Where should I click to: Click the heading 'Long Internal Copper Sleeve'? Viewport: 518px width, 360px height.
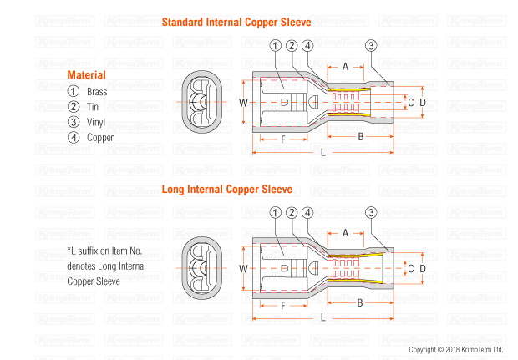click(226, 190)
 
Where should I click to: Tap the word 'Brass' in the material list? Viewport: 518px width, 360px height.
click(98, 91)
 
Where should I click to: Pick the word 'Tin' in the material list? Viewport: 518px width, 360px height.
click(93, 107)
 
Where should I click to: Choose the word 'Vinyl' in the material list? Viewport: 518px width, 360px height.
click(97, 122)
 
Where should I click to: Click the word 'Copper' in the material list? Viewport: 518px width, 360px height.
click(100, 138)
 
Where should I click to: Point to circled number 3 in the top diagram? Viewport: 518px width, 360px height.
click(371, 46)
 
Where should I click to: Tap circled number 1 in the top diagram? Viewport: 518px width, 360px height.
click(277, 46)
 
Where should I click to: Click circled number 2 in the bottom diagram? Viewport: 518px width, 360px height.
click(292, 214)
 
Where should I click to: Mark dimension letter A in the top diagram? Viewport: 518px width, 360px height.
click(345, 66)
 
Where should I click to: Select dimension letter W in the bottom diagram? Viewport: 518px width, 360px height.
click(243, 269)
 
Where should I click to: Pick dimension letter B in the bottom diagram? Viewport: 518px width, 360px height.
click(360, 302)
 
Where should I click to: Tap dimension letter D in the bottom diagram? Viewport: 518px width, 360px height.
click(423, 268)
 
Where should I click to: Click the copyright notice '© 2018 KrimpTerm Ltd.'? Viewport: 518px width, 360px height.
click(455, 349)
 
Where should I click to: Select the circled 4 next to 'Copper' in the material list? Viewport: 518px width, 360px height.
click(73, 138)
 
